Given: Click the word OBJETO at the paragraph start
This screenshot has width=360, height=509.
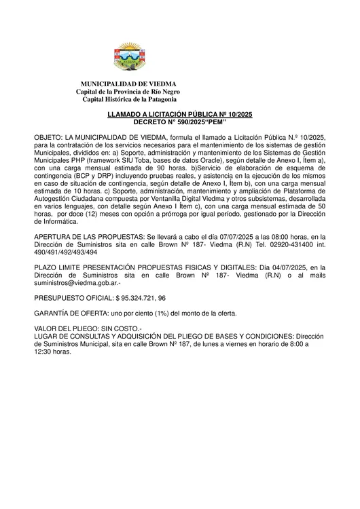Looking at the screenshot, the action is tap(48, 137).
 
